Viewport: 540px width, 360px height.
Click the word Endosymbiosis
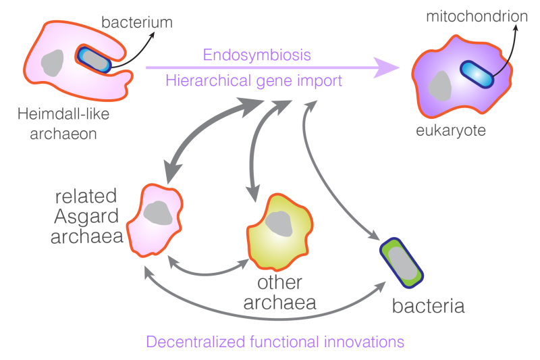(x=257, y=55)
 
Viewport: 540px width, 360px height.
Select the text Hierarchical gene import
(x=254, y=81)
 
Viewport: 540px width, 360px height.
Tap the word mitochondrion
(x=477, y=16)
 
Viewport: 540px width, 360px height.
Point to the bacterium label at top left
(x=137, y=22)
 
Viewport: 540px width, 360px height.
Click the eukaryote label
(x=451, y=130)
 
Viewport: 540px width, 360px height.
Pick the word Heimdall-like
(x=63, y=113)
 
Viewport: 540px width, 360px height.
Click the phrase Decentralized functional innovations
(x=275, y=342)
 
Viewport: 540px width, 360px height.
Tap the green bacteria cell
(x=402, y=263)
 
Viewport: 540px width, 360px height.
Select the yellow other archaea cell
(x=279, y=232)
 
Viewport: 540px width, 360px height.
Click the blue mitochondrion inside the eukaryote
(x=477, y=74)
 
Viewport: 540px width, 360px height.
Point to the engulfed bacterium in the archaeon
(x=94, y=59)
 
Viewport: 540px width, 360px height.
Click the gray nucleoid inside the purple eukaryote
(x=440, y=86)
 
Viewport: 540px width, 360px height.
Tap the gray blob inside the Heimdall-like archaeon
(x=53, y=63)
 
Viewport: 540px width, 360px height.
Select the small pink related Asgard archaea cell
(x=155, y=220)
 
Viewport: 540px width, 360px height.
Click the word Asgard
(x=86, y=216)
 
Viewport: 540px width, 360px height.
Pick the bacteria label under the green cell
(x=429, y=306)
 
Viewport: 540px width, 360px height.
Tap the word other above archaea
(x=279, y=282)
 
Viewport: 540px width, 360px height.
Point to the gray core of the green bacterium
(x=402, y=263)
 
